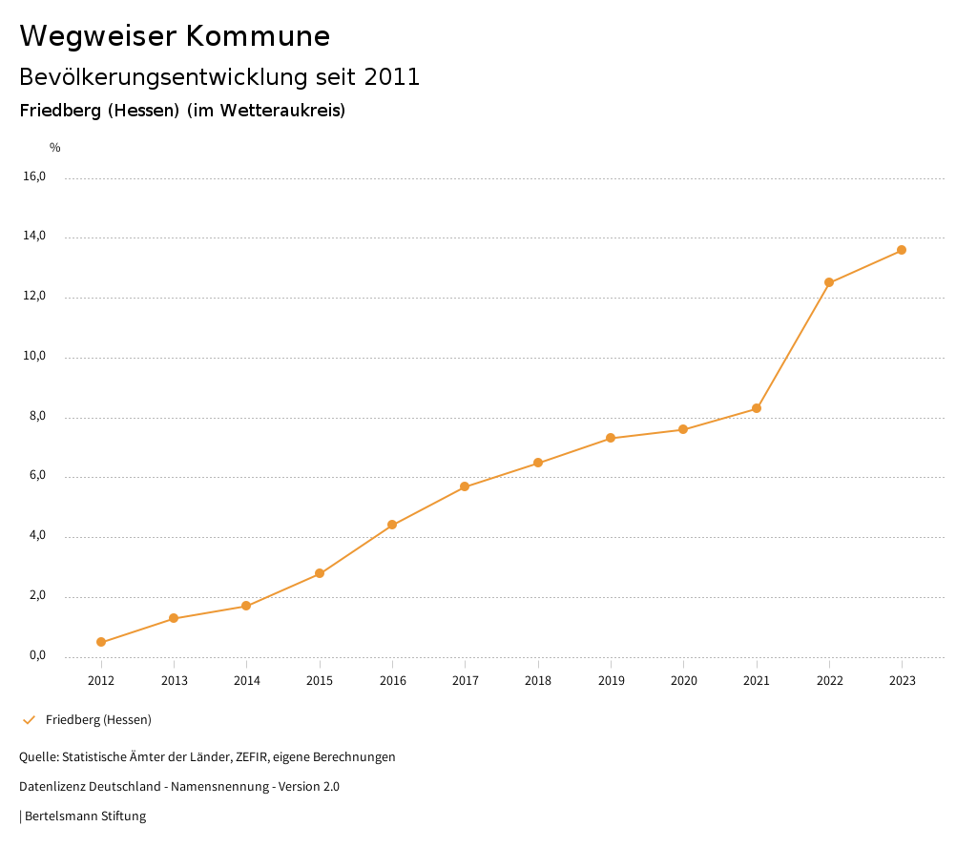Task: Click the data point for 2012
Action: click(x=101, y=642)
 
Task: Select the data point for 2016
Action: click(x=392, y=525)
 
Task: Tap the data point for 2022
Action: click(x=829, y=282)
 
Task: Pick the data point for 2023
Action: click(x=902, y=250)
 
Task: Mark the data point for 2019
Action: click(x=611, y=438)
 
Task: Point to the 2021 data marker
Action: click(x=757, y=408)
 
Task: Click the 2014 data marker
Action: click(x=246, y=606)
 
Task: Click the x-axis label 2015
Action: click(x=320, y=681)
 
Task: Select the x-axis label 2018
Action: click(x=538, y=681)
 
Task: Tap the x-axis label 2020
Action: click(x=683, y=681)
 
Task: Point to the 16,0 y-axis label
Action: click(x=34, y=176)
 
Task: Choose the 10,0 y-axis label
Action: click(x=34, y=357)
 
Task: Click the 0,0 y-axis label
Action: click(x=37, y=656)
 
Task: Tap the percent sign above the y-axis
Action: click(x=55, y=148)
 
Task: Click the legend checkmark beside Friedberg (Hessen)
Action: click(x=29, y=720)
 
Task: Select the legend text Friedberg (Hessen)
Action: click(x=98, y=720)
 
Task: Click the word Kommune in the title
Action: click(x=258, y=36)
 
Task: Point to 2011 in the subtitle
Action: click(x=391, y=77)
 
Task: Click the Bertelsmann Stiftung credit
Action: click(x=85, y=816)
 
